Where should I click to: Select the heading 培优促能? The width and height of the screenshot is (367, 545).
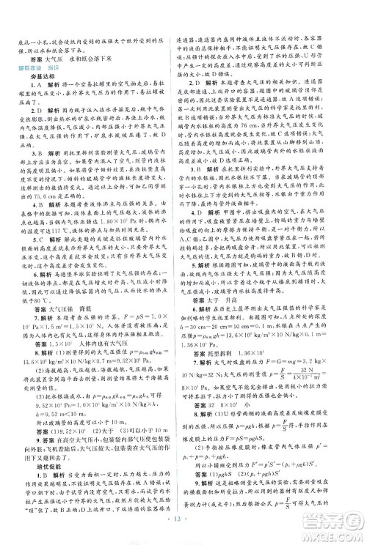39,421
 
